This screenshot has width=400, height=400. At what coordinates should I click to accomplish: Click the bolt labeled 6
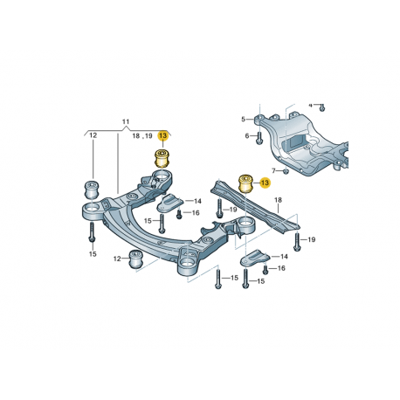(259, 136)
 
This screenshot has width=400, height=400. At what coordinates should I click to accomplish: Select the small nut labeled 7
(286, 170)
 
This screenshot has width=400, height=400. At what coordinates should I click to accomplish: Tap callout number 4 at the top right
(309, 104)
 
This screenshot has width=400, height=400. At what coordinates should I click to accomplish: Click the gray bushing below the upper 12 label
(90, 189)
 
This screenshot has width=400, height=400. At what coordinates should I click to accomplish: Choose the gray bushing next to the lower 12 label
(135, 259)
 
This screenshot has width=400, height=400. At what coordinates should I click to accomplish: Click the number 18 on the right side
(279, 201)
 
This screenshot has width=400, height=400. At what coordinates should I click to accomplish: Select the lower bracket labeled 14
(257, 259)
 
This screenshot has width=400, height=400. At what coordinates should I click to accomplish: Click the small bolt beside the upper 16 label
(179, 213)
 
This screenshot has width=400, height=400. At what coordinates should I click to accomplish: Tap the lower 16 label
(281, 269)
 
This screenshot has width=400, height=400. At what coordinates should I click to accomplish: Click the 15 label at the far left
(91, 254)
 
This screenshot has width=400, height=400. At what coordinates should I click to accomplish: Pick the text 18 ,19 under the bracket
(142, 136)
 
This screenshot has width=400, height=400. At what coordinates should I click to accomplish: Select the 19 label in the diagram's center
(232, 211)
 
